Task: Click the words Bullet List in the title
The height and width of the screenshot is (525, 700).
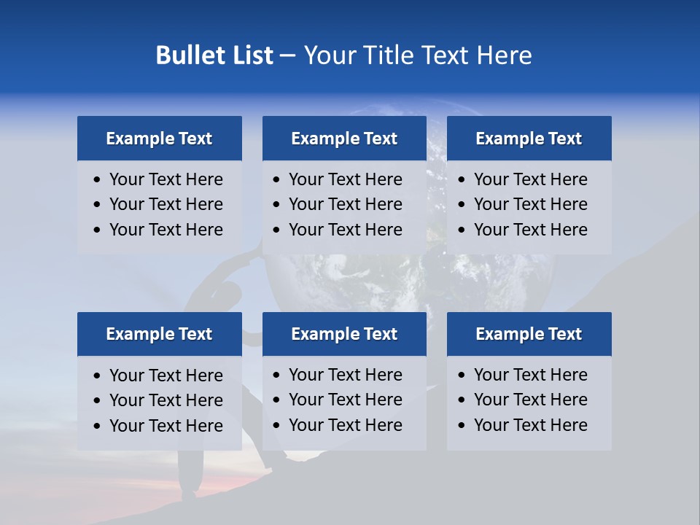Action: [214, 55]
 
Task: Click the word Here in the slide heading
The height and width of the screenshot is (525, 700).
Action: [504, 55]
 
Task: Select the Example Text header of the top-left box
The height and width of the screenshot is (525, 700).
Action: [159, 139]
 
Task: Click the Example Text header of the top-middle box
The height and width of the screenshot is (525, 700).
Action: [344, 139]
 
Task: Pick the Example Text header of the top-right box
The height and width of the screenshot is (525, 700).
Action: [529, 139]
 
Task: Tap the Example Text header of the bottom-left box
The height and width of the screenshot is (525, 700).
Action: [159, 334]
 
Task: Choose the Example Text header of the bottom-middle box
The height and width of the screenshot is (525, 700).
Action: [344, 334]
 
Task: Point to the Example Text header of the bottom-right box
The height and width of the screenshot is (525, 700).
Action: [529, 334]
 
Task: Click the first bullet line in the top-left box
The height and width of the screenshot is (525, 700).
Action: [166, 179]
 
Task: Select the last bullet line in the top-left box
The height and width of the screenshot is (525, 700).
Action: [166, 230]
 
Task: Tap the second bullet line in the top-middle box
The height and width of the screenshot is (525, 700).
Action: [345, 204]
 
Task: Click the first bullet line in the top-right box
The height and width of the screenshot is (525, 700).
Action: [530, 179]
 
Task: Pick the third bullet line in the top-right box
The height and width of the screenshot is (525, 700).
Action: [530, 230]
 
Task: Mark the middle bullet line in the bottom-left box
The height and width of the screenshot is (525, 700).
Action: [166, 400]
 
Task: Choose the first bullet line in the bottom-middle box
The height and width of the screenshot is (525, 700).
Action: [345, 375]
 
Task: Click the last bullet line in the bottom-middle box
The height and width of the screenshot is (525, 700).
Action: [345, 425]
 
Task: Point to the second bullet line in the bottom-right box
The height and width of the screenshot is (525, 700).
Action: [530, 400]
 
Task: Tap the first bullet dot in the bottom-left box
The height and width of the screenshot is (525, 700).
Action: [98, 376]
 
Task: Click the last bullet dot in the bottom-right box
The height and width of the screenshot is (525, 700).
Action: [462, 426]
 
